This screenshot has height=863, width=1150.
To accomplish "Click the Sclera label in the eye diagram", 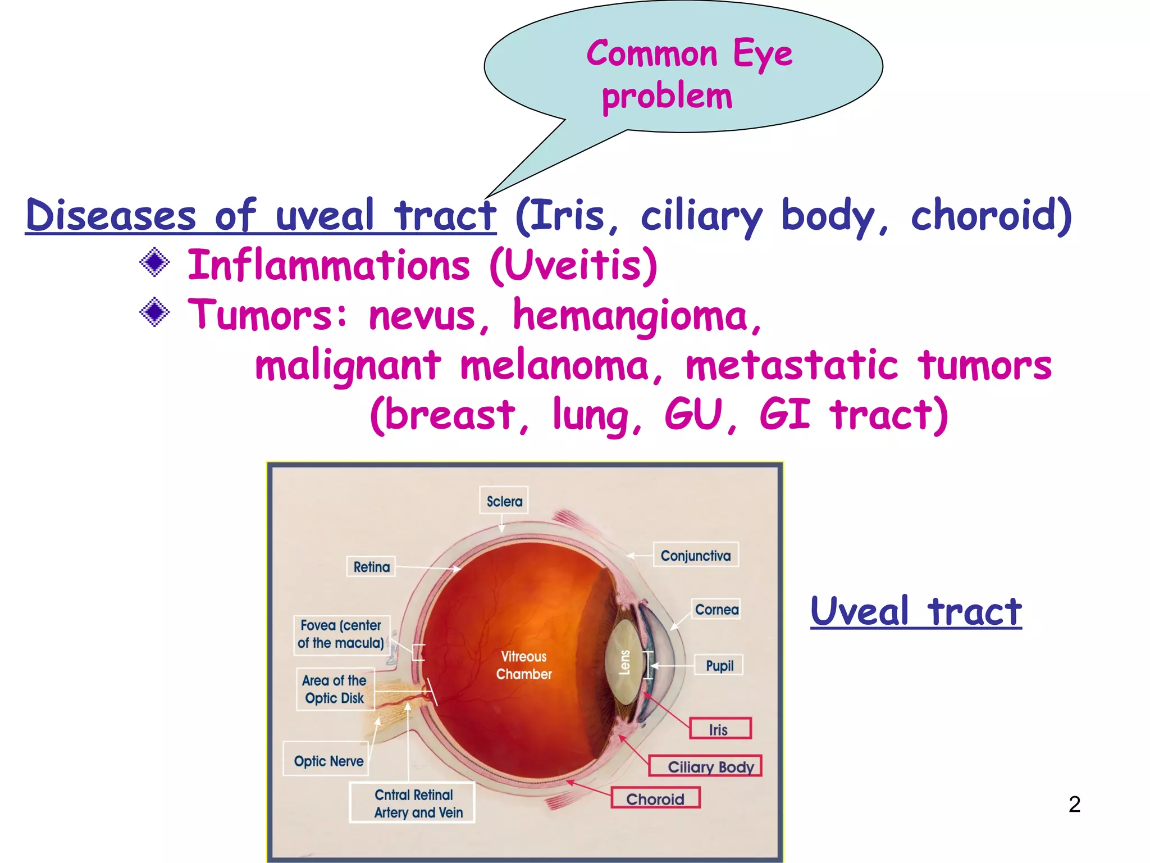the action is [x=504, y=501].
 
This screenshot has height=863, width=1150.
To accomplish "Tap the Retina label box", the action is [x=371, y=567].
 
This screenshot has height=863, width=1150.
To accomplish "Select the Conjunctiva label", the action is [x=695, y=555].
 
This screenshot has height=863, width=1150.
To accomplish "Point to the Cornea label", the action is [x=716, y=610].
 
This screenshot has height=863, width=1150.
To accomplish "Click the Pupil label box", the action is [x=719, y=665].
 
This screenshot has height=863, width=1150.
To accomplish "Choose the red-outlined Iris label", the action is [x=720, y=729].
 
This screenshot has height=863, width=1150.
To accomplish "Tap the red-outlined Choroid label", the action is [x=655, y=798].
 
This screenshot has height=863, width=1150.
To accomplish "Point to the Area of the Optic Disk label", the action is [x=335, y=689].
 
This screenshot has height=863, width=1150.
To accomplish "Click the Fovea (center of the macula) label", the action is [x=341, y=634].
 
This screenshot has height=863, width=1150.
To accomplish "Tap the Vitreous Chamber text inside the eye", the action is [x=524, y=665].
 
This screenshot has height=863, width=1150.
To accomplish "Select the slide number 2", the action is [x=1074, y=805].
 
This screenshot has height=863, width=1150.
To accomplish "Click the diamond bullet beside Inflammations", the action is [x=154, y=262].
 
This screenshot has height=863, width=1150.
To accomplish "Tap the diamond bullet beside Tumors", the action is [x=154, y=312].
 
